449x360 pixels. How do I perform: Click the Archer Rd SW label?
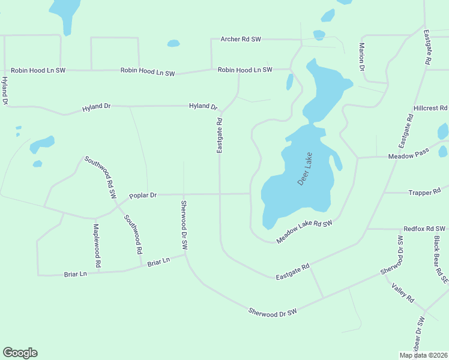pyautogui.click(x=241, y=39)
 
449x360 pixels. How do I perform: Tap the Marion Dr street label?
pyautogui.click(x=363, y=58)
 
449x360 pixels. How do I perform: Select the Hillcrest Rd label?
pyautogui.click(x=430, y=108)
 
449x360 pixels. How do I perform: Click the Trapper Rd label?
pyautogui.click(x=424, y=193)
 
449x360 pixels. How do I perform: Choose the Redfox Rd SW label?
pyautogui.click(x=424, y=229)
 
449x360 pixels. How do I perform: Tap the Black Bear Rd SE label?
pyautogui.click(x=441, y=259)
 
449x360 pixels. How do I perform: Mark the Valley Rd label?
pyautogui.click(x=403, y=293)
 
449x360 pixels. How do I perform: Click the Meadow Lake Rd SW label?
pyautogui.click(x=304, y=232)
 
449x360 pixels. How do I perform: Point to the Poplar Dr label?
pyautogui.click(x=143, y=196)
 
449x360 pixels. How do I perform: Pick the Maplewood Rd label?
pyautogui.click(x=97, y=245)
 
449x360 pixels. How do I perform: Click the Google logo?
pyautogui.click(x=20, y=353)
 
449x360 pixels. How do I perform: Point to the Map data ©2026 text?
pyautogui.click(x=423, y=355)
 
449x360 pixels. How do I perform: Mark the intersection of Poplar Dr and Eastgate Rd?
pyautogui.click(x=220, y=194)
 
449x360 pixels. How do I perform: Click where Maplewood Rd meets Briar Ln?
pyautogui.click(x=98, y=273)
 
